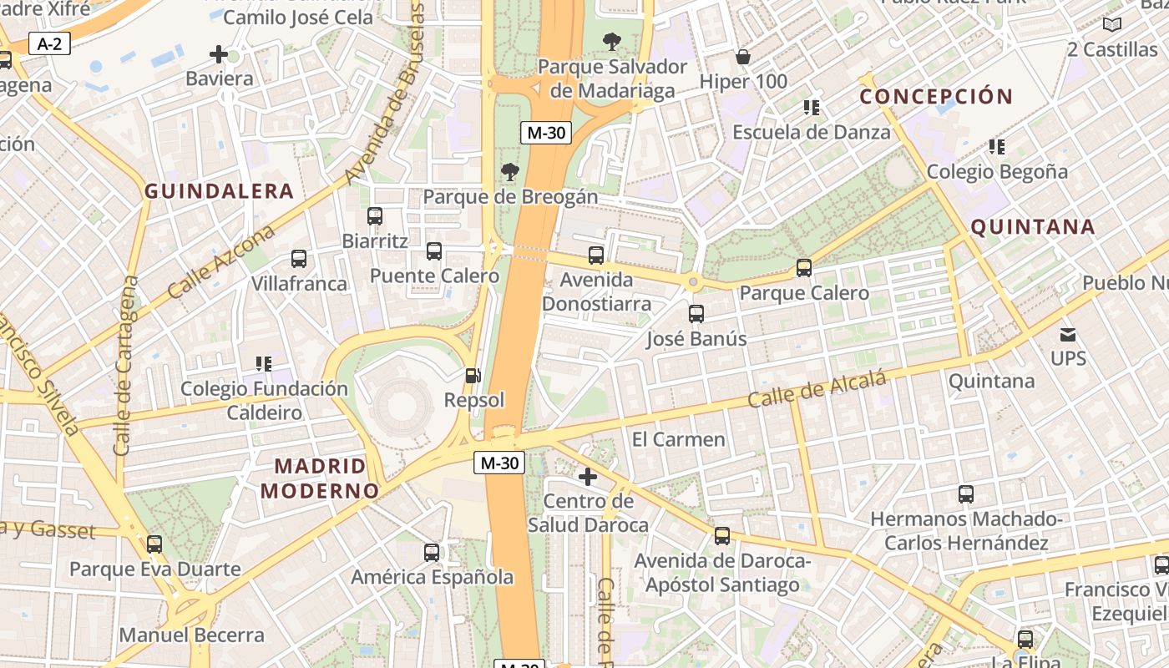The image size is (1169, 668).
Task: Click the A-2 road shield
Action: point(49,43)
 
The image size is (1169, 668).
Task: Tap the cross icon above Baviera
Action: point(219,55)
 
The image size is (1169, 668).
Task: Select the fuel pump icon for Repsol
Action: point(473,377)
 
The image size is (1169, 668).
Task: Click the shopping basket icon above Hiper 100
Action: point(743,57)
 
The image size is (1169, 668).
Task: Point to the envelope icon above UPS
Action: point(1068,335)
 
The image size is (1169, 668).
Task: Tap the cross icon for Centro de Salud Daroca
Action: point(588,477)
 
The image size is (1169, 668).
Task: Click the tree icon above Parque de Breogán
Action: point(509,173)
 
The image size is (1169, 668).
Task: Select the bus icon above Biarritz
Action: point(375,216)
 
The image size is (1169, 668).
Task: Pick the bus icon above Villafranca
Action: point(299,259)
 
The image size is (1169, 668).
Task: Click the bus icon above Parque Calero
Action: point(804,268)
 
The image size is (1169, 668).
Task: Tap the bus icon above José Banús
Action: point(696,314)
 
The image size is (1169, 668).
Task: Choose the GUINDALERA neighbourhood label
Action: point(219,191)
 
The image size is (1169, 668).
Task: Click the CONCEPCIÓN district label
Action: point(936,97)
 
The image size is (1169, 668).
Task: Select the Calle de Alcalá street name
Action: point(816,390)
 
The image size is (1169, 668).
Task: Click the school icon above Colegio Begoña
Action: point(996,147)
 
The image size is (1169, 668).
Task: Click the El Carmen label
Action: point(678,439)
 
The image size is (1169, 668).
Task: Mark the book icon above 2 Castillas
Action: point(1111,25)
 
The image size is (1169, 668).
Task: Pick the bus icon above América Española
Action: point(432,552)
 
